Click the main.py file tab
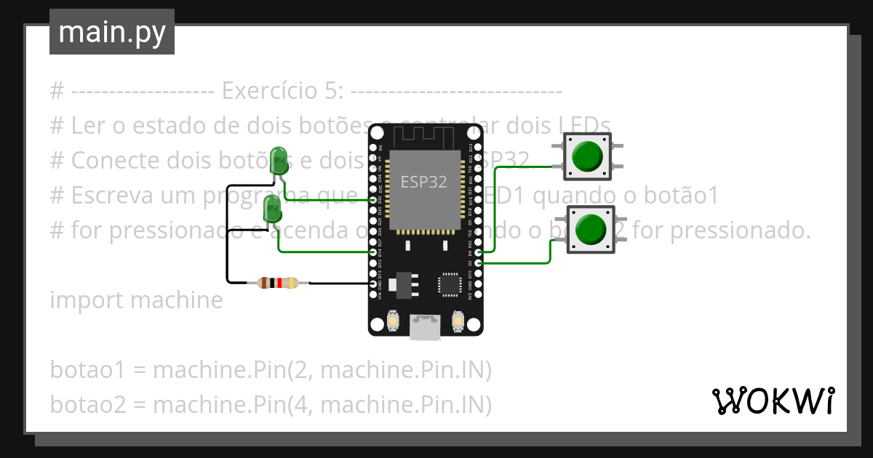coord(111,32)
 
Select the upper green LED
coord(278,160)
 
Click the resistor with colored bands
coord(279,283)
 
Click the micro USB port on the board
coord(426,326)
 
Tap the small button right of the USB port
coord(458,320)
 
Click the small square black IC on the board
coord(450,284)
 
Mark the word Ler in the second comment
coord(87,126)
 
